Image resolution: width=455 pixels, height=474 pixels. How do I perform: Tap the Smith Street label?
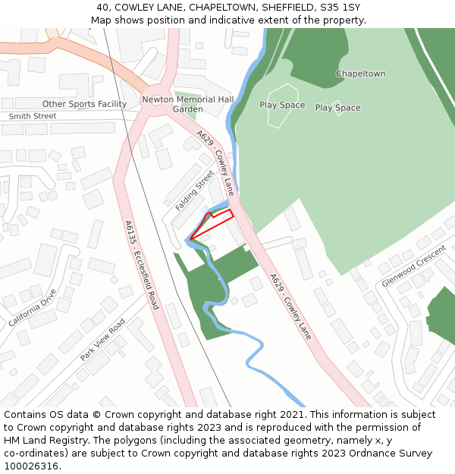pyautogui.click(x=33, y=116)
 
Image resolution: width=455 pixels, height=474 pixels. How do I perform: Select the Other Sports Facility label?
pyautogui.click(x=84, y=104)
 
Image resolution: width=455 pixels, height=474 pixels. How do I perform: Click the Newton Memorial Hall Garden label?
pyautogui.click(x=188, y=104)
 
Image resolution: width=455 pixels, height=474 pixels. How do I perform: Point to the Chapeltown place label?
pyautogui.click(x=360, y=74)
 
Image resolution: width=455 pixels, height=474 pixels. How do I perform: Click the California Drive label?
pyautogui.click(x=33, y=308)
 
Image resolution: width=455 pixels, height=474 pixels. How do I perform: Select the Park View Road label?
pyautogui.click(x=102, y=339)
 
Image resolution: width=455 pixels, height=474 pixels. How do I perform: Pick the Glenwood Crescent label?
pyautogui.click(x=413, y=265)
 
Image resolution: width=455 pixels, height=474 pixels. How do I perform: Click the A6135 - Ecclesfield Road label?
pyautogui.click(x=142, y=265)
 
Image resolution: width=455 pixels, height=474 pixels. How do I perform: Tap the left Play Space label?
pyautogui.click(x=282, y=105)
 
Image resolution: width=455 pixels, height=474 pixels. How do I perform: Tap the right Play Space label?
pyautogui.click(x=337, y=108)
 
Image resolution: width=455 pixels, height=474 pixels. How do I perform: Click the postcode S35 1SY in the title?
pyautogui.click(x=341, y=8)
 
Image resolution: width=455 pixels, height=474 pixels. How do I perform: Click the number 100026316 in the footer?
pyautogui.click(x=31, y=466)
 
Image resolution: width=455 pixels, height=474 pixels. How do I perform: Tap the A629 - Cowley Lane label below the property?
pyautogui.click(x=290, y=305)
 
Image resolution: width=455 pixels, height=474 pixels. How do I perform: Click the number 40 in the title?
pyautogui.click(x=103, y=8)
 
